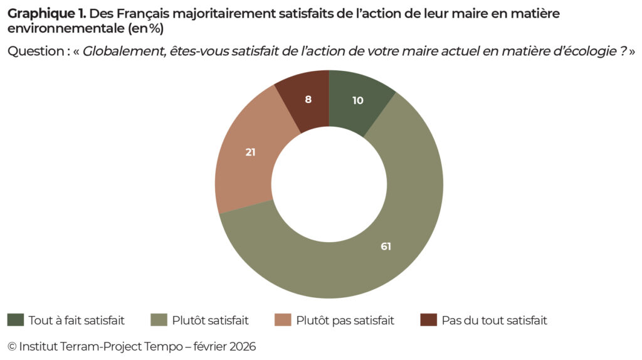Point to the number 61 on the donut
coord(386,246)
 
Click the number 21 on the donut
coord(250,152)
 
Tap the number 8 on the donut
coord(308,99)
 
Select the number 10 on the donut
coord(357,100)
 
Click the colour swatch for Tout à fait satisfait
coord(15,320)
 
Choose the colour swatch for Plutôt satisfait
coord(159,320)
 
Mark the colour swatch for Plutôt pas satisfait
coord(283,320)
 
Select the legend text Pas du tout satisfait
coord(494,320)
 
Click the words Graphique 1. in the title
coord(47,13)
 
